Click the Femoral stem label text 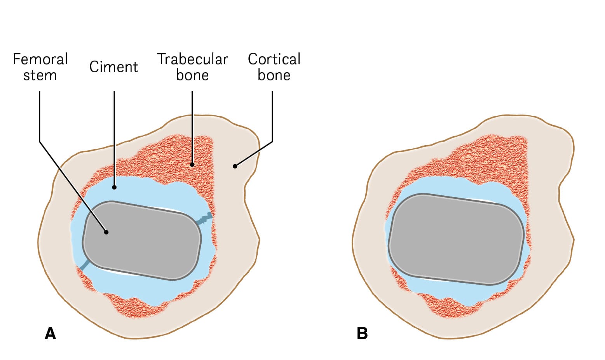click(x=40, y=67)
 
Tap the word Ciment click(x=113, y=67)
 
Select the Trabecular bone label click(x=192, y=67)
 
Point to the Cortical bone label click(x=274, y=67)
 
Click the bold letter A click(x=51, y=334)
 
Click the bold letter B click(x=362, y=334)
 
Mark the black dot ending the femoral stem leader click(x=106, y=232)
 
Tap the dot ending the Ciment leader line click(x=114, y=188)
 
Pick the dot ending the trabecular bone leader click(x=192, y=165)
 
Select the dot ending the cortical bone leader click(x=235, y=166)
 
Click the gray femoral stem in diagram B click(x=457, y=239)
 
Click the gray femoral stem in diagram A click(x=142, y=241)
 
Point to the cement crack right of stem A click(x=205, y=220)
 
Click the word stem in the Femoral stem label click(x=40, y=75)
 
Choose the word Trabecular click(x=192, y=59)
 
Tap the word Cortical click(x=274, y=59)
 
